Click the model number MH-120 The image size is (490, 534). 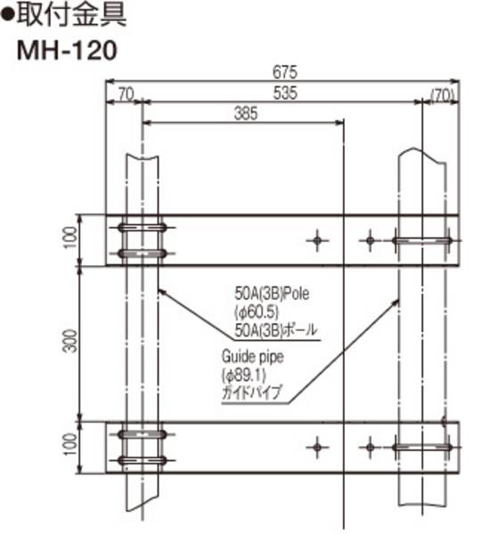click(x=67, y=50)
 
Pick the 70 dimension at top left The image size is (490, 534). click(x=124, y=93)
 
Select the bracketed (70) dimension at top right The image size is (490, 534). click(x=443, y=93)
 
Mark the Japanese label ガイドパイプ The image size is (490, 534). click(x=250, y=391)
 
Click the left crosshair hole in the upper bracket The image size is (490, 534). click(x=317, y=239)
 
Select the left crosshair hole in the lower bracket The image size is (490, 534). click(x=317, y=445)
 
